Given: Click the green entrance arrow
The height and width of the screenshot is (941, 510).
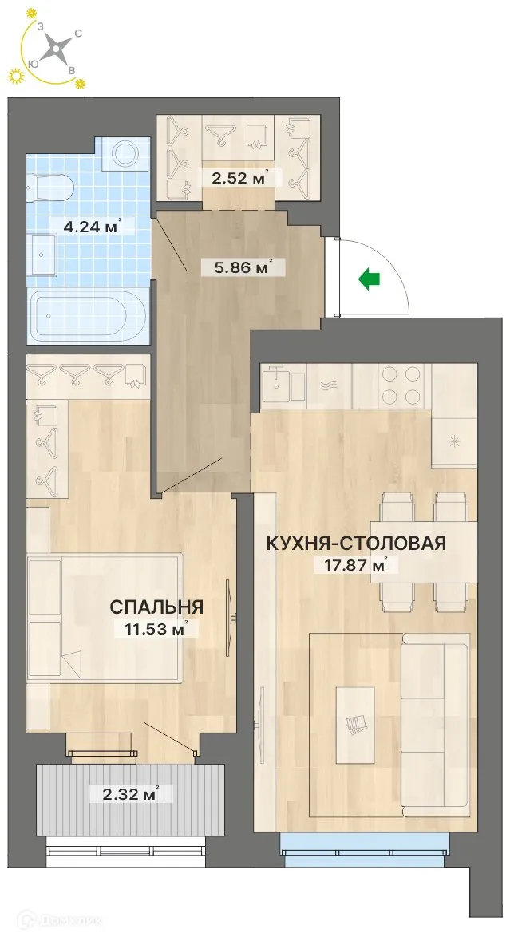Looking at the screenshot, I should coord(368,279).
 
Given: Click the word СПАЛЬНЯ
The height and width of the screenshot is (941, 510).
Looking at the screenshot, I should coord(156,607).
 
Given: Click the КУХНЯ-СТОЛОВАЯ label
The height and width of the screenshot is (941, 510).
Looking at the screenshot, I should coord(355,543).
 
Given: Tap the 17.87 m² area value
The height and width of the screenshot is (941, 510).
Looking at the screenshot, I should coord(352,565).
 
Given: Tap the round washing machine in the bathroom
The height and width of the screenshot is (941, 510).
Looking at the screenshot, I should coord(126,152).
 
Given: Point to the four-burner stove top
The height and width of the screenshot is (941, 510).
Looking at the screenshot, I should coord(402,386).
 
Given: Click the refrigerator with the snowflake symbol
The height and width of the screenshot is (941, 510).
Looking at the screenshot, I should coord(454,441).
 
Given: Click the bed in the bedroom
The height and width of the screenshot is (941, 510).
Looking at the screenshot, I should coord(104,619).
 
